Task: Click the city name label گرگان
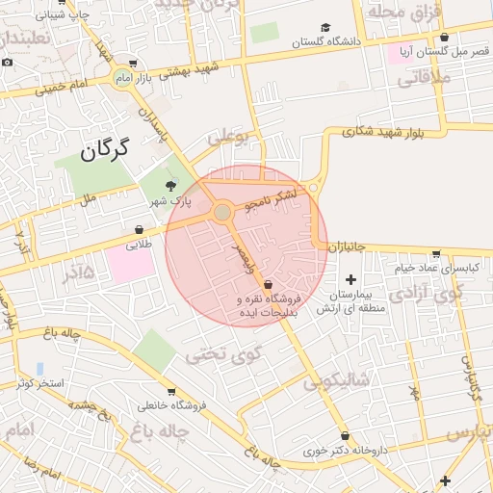pyautogui.click(x=106, y=149)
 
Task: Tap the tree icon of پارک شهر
pyautogui.click(x=171, y=185)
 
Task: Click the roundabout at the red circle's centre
pyautogui.click(x=222, y=211)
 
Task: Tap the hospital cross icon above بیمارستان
pyautogui.click(x=350, y=278)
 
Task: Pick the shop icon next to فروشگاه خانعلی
pyautogui.click(x=171, y=392)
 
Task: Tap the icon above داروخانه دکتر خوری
pyautogui.click(x=345, y=435)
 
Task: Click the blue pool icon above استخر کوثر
pyautogui.click(x=39, y=369)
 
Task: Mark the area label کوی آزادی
pyautogui.click(x=429, y=293)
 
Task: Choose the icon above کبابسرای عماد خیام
pyautogui.click(x=435, y=254)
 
